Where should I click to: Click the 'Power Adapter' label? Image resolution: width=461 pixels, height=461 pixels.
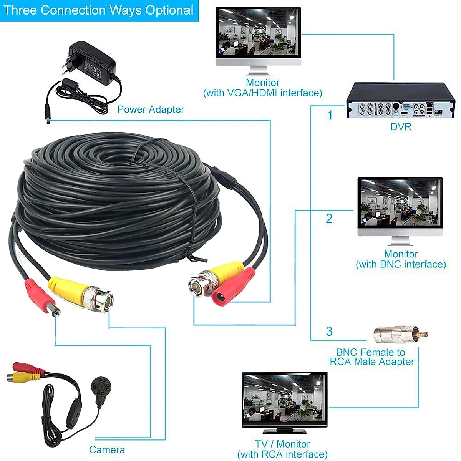pyautogui.click(x=151, y=109)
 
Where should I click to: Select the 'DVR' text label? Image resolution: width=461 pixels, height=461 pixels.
pyautogui.click(x=401, y=127)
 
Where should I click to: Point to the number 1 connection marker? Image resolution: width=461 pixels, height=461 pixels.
pyautogui.click(x=330, y=115)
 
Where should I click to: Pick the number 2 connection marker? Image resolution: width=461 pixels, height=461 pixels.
pyautogui.click(x=329, y=219)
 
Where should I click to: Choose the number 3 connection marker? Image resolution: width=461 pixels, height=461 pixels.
pyautogui.click(x=329, y=331)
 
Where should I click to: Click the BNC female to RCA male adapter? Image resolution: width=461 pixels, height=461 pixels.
pyautogui.click(x=400, y=335)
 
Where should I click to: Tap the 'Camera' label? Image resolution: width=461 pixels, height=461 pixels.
pyautogui.click(x=107, y=449)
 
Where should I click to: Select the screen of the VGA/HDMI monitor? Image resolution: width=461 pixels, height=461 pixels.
pyautogui.click(x=258, y=32)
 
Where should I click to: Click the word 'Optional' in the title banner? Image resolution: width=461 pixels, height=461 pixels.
pyautogui.click(x=169, y=10)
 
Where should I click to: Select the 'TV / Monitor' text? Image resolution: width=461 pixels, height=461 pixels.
pyautogui.click(x=282, y=444)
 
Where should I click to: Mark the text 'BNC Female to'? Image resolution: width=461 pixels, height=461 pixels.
pyautogui.click(x=370, y=352)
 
